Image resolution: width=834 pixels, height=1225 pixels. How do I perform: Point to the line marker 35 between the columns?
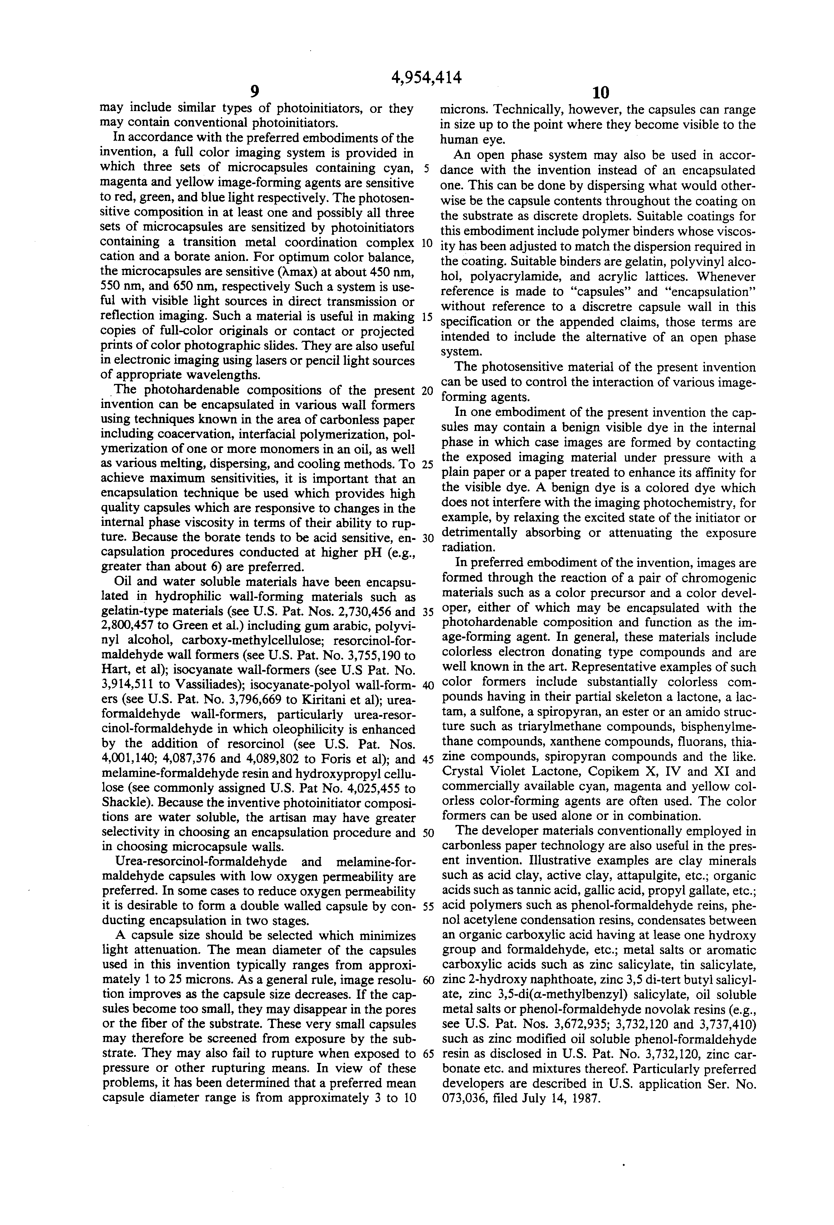tap(427, 612)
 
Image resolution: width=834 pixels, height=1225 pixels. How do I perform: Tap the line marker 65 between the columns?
tap(427, 1054)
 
